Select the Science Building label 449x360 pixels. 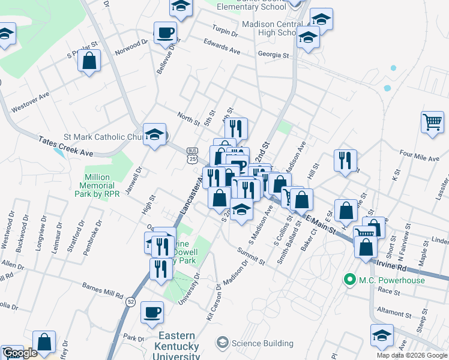(262, 344)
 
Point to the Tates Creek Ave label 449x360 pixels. (66, 146)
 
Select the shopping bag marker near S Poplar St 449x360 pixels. (89, 61)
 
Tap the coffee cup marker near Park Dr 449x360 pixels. (152, 312)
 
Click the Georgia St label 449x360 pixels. (273, 55)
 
